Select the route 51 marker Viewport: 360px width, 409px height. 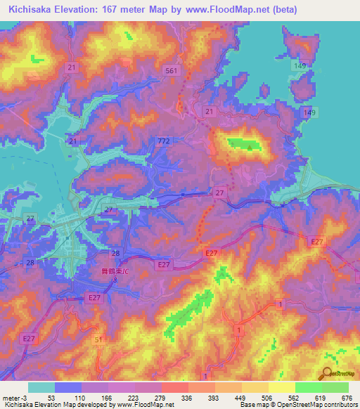98,339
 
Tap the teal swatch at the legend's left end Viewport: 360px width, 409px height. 41,387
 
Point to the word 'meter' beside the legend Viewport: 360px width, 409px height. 11,397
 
